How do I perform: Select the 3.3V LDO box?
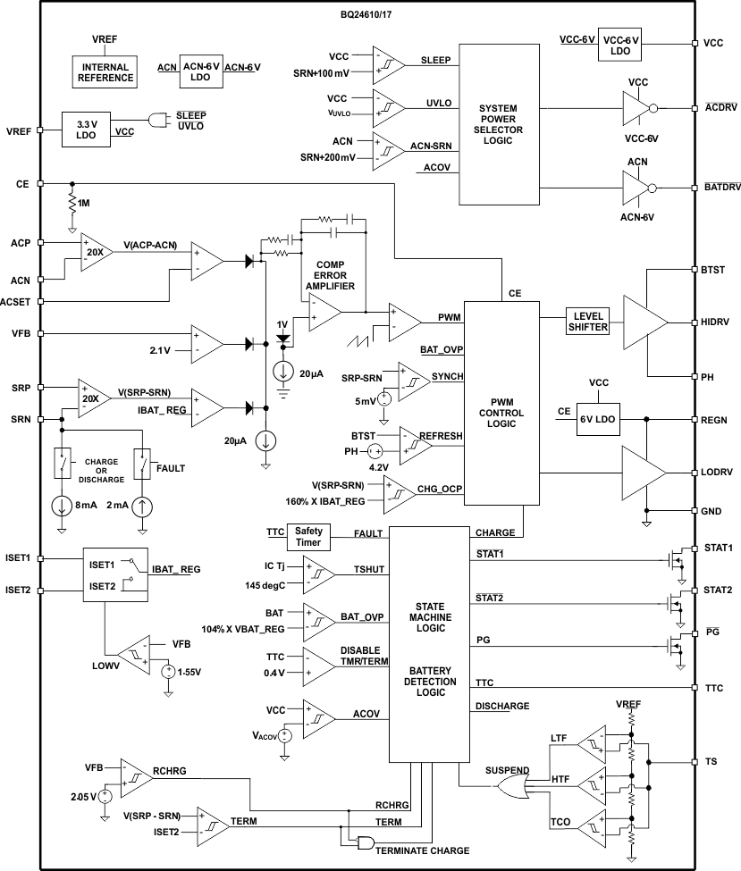coord(86,130)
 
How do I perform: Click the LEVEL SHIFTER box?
coord(587,322)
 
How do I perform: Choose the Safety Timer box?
coord(309,537)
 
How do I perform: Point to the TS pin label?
coord(711,762)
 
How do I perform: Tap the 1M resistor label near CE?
coord(84,205)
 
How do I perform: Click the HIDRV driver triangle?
coord(644,322)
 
